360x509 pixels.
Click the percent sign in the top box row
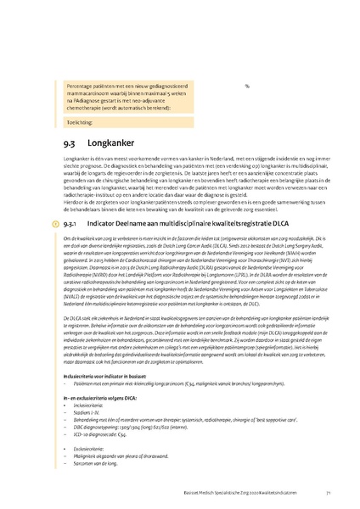[246, 86]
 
